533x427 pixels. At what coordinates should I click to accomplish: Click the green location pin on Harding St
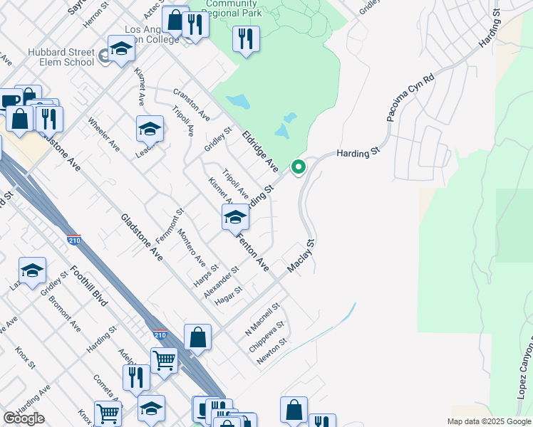[299, 168]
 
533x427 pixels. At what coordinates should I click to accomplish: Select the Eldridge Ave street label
[259, 151]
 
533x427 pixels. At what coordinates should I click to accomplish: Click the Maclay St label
[301, 257]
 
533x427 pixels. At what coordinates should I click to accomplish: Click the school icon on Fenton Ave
[235, 218]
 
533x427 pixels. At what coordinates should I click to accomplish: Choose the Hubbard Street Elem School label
[51, 57]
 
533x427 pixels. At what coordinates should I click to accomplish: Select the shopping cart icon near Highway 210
[164, 361]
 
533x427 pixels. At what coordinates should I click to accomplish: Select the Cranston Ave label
[191, 104]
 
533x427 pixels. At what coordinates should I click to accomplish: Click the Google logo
[24, 418]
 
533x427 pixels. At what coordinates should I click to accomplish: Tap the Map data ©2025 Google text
[488, 421]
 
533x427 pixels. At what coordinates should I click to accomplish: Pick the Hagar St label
[229, 293]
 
